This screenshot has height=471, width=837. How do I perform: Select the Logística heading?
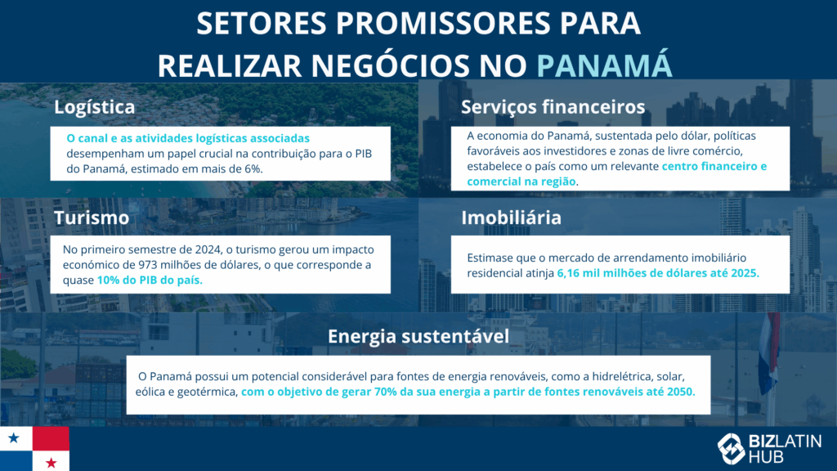click(95, 107)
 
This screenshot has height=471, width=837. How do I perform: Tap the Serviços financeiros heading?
click(553, 107)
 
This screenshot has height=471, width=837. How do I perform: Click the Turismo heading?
click(92, 218)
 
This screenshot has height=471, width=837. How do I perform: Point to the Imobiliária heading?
click(511, 218)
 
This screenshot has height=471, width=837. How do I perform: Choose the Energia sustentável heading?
click(418, 336)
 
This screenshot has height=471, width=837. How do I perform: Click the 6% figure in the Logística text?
click(253, 168)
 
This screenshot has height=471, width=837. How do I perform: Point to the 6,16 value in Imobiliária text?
click(569, 273)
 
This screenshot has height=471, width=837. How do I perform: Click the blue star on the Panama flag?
click(14, 438)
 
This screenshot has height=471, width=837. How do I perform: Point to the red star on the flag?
click(51, 463)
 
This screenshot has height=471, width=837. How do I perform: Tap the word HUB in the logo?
click(766, 457)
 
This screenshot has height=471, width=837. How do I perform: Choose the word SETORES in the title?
click(261, 23)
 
